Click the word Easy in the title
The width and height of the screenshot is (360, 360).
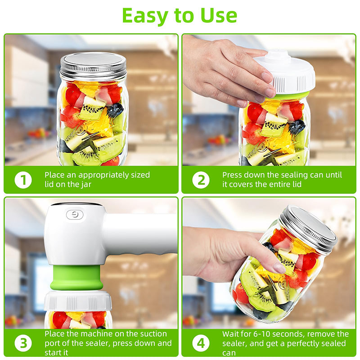point(145,16)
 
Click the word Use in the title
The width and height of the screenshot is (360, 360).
point(219,15)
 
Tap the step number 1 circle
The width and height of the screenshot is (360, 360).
point(23,180)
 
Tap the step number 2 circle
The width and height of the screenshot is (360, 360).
point(201,180)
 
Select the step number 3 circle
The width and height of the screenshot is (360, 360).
point(23,343)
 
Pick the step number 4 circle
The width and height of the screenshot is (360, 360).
point(201,343)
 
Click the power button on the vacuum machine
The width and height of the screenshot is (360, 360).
point(75,215)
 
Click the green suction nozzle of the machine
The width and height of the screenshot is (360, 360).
point(76,277)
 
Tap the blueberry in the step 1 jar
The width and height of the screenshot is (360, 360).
point(115,110)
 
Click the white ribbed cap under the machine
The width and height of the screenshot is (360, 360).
point(78,301)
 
